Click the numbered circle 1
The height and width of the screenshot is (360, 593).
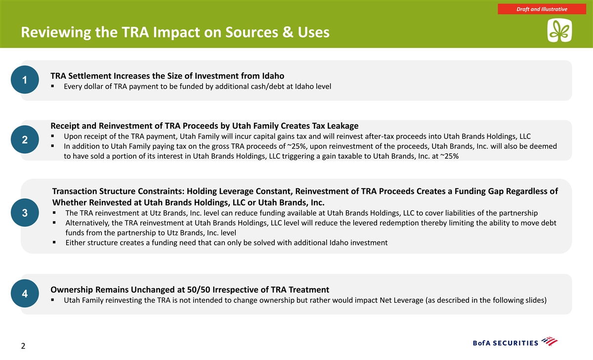pos(25,80)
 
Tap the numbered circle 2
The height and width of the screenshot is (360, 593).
pos(25,139)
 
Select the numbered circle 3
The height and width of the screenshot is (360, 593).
pos(25,213)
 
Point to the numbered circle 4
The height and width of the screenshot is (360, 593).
pos(25,294)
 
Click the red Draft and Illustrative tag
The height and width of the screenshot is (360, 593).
pos(542,9)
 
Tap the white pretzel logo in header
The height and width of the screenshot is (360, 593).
pos(559,30)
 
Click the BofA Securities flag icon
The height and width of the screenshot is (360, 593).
pos(550,342)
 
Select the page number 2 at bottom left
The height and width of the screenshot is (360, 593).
pos(23,346)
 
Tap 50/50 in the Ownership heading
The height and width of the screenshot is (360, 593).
pos(198,290)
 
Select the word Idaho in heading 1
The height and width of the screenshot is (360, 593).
pos(273,76)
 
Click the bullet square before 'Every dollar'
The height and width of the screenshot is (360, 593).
pos(53,86)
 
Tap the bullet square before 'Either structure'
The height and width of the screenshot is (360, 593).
pos(54,242)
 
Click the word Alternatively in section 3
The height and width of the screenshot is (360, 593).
pos(87,223)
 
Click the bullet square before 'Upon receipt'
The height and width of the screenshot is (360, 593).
pos(53,136)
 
